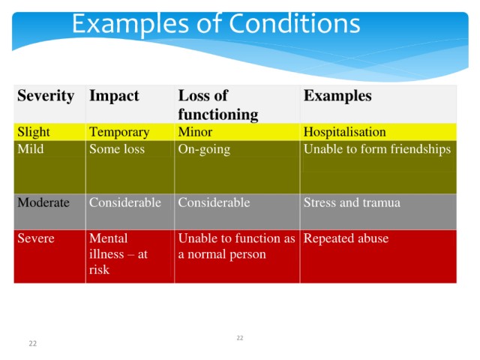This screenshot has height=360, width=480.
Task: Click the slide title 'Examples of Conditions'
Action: pyautogui.click(x=216, y=24)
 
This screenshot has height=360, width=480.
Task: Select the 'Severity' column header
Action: pyautogui.click(x=46, y=96)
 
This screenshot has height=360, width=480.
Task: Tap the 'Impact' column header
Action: pyautogui.click(x=114, y=96)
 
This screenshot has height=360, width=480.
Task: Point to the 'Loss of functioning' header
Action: pyautogui.click(x=218, y=105)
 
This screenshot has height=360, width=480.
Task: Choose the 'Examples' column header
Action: pyautogui.click(x=337, y=96)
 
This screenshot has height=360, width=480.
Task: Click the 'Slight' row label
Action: pyautogui.click(x=33, y=132)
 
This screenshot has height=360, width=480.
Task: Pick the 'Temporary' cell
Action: pyautogui.click(x=119, y=133)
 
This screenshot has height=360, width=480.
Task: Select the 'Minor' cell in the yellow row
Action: pyautogui.click(x=195, y=132)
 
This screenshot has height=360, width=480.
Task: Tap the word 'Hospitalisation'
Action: pyautogui.click(x=345, y=132)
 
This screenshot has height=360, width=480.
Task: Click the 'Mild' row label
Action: pyautogui.click(x=31, y=149)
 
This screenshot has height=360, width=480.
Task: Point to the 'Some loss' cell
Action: pyautogui.click(x=117, y=149)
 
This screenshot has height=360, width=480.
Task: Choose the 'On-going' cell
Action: pyautogui.click(x=204, y=150)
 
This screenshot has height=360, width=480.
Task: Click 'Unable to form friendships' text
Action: pyautogui.click(x=377, y=149)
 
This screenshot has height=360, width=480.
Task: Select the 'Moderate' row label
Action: pyautogui.click(x=43, y=202)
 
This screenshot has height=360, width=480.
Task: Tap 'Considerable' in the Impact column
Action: pyautogui.click(x=125, y=202)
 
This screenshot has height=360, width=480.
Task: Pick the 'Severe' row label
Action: pyautogui.click(x=36, y=238)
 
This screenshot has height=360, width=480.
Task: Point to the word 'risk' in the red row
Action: pyautogui.click(x=99, y=270)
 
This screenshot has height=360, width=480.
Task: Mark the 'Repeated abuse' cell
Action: pyautogui.click(x=346, y=238)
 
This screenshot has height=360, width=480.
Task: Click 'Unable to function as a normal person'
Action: pyautogui.click(x=237, y=247)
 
